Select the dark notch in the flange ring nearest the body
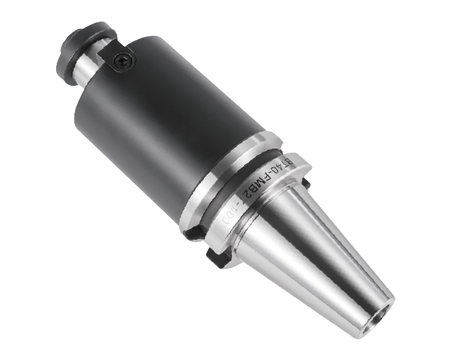point(194,231)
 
